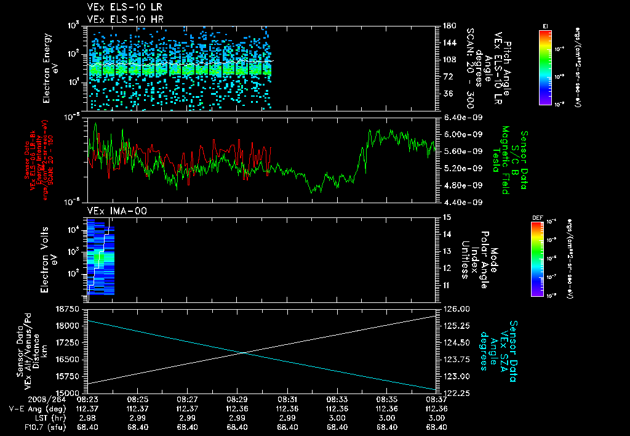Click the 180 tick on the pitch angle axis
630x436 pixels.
pyautogui.click(x=449, y=26)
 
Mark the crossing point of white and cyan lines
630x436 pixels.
pyautogui.click(x=244, y=352)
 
